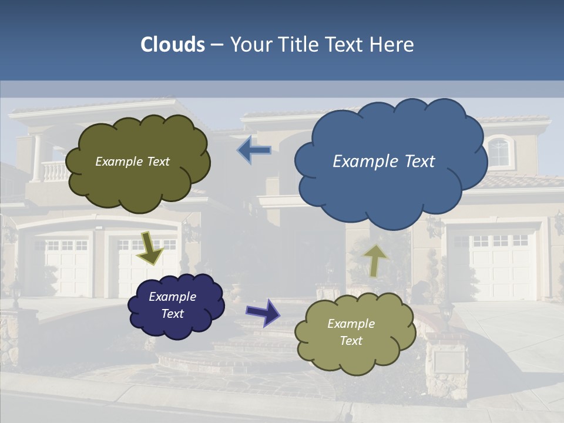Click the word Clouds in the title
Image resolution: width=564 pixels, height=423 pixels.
pyautogui.click(x=173, y=44)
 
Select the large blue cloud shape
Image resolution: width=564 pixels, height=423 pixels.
pyautogui.click(x=391, y=176)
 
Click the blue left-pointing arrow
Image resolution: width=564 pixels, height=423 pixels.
pyautogui.click(x=254, y=150)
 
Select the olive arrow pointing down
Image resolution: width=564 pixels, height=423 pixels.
pyautogui.click(x=150, y=248)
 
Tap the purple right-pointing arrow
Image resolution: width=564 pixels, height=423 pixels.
pyautogui.click(x=264, y=312)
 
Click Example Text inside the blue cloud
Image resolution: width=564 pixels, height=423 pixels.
pyautogui.click(x=384, y=161)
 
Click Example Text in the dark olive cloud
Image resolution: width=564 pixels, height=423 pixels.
pyautogui.click(x=132, y=161)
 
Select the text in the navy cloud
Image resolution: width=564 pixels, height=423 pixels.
pyautogui.click(x=172, y=305)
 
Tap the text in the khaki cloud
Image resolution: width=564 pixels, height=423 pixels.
pyautogui.click(x=351, y=332)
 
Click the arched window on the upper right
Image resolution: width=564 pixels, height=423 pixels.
pyautogui.click(x=499, y=152)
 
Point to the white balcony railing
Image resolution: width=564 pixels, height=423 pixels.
pyautogui.click(x=55, y=172)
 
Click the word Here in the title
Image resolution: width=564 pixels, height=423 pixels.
pyautogui.click(x=393, y=44)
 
